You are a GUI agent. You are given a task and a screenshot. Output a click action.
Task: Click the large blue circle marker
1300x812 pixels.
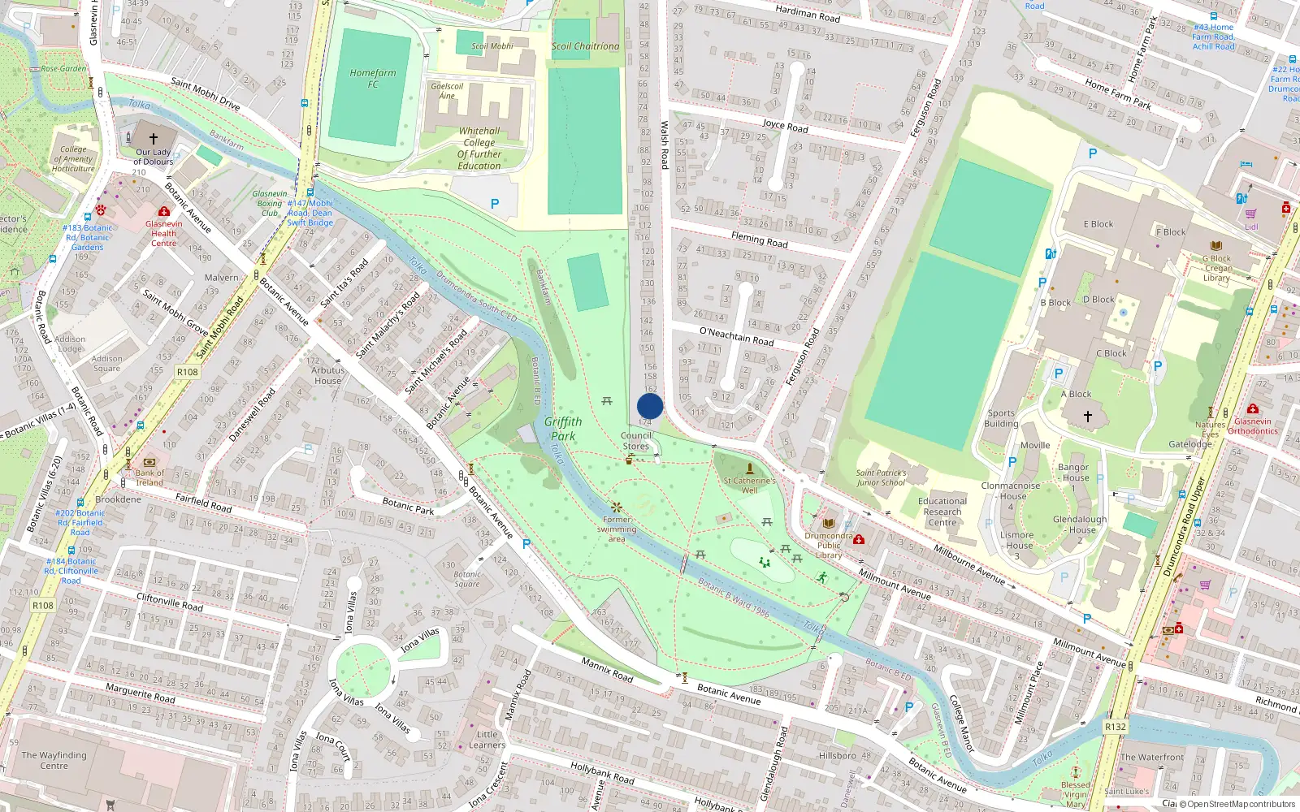click(650, 406)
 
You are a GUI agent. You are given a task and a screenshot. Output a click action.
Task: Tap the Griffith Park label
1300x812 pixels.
click(563, 429)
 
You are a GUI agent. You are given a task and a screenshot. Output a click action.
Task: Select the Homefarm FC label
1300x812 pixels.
click(373, 78)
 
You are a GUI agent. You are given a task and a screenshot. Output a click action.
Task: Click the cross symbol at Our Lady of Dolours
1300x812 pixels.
click(154, 139)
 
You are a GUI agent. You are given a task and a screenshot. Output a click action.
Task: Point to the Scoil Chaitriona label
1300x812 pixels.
click(585, 46)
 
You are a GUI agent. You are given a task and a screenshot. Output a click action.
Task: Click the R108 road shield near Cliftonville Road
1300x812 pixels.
click(43, 606)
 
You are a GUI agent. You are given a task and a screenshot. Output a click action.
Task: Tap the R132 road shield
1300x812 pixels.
click(1116, 727)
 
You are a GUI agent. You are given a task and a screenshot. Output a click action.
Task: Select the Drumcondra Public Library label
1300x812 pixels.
click(829, 546)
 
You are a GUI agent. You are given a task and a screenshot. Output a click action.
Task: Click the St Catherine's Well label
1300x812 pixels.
click(749, 485)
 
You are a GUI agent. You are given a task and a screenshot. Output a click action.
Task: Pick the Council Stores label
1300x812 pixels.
click(636, 441)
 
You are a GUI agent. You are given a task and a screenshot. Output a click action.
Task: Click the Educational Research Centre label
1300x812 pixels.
click(942, 512)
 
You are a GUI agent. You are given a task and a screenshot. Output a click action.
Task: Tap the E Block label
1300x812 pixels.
click(1098, 224)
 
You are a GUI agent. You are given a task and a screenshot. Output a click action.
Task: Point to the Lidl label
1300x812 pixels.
click(1251, 227)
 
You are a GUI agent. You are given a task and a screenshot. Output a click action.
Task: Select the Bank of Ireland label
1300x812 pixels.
click(149, 477)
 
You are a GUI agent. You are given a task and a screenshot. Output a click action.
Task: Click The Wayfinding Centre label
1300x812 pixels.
click(54, 760)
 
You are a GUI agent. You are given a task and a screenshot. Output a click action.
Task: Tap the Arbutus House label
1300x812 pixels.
click(328, 375)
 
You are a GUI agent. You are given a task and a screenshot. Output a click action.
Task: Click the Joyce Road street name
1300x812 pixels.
click(785, 126)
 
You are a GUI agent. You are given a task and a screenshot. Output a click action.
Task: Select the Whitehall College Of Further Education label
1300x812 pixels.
click(479, 149)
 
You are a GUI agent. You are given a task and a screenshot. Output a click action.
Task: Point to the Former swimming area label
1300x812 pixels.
click(617, 529)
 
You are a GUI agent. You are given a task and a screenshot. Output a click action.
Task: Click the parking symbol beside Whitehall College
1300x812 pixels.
click(495, 204)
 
